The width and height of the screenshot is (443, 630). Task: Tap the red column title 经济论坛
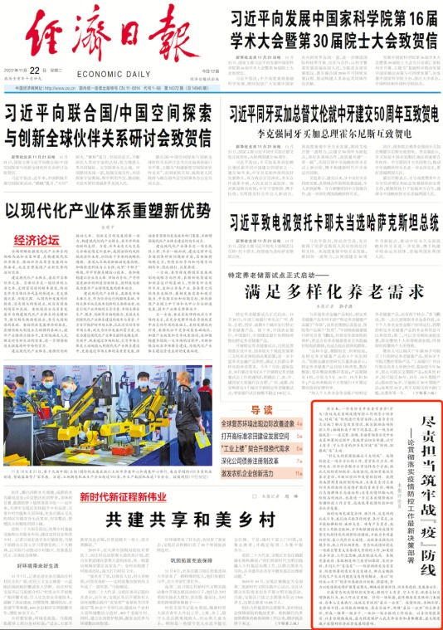[x=36, y=241]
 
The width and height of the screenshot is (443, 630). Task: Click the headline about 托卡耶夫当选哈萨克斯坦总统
[x=333, y=222]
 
